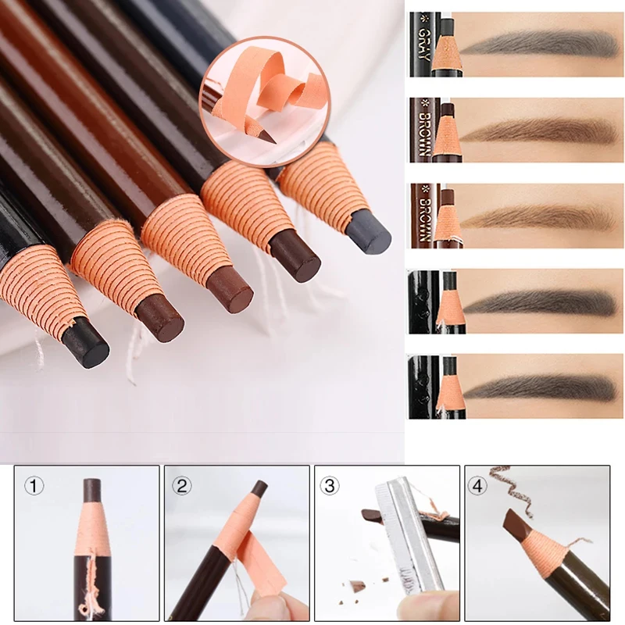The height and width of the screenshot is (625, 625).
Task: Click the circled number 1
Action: (32, 485)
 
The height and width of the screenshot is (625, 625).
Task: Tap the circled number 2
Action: (182, 485)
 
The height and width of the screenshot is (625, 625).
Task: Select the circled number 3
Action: (331, 485)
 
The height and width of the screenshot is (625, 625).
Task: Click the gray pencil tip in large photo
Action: (370, 232)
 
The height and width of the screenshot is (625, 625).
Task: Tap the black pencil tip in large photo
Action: (86, 344)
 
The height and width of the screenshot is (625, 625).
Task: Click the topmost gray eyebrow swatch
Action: (539, 43)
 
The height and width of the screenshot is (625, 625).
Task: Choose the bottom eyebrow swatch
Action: (539, 387)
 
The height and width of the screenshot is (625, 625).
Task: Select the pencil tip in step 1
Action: (92, 490)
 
